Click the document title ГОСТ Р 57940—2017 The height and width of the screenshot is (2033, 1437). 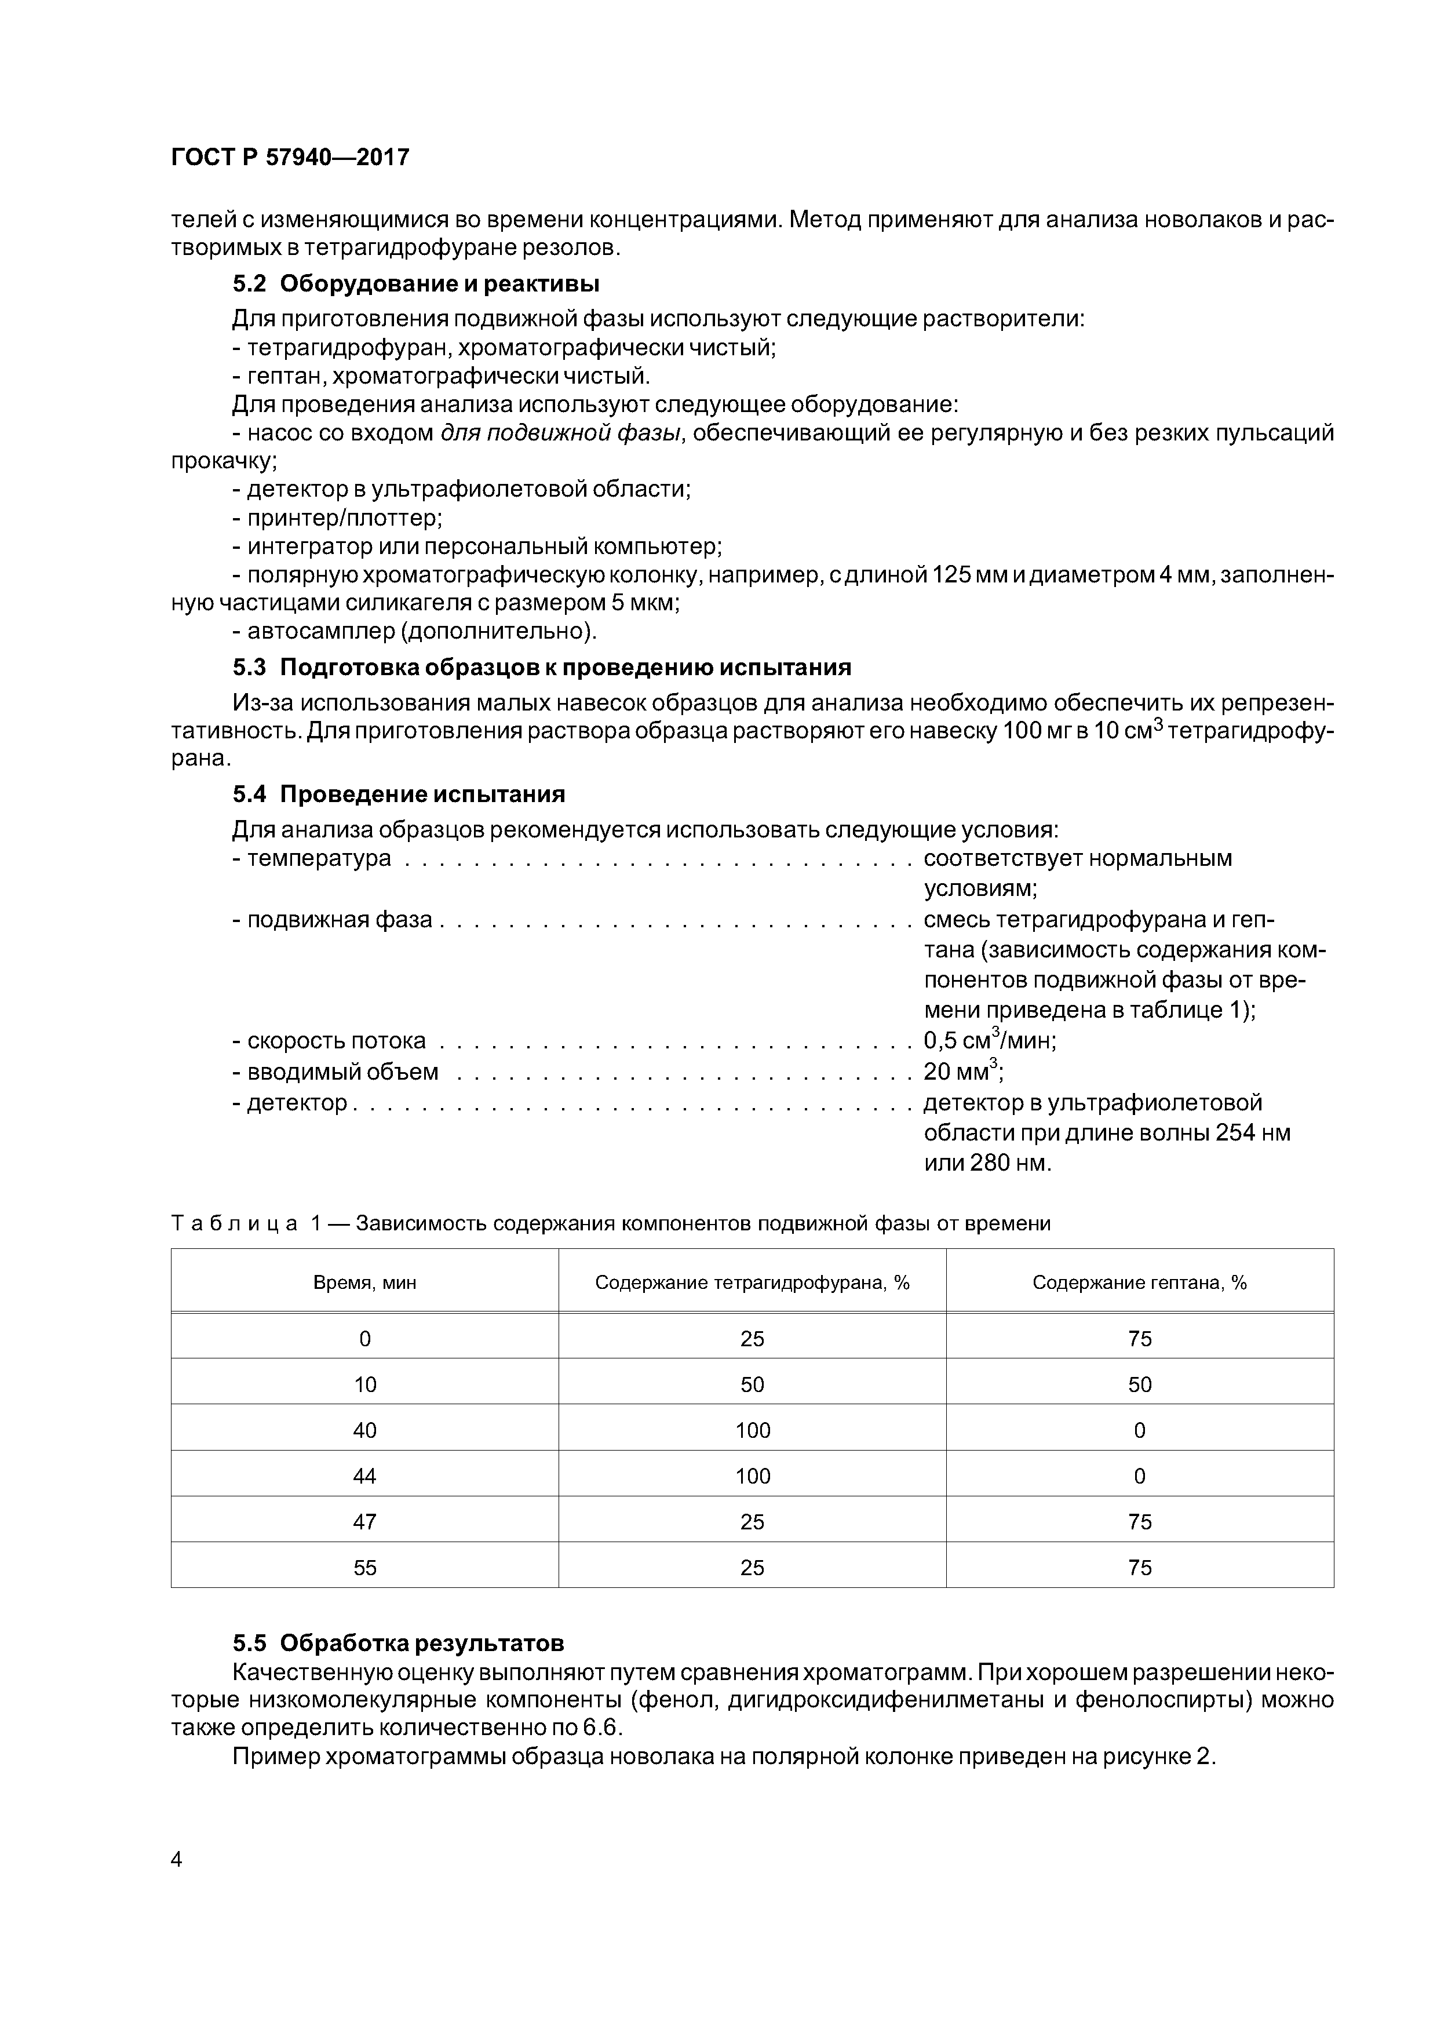(x=290, y=158)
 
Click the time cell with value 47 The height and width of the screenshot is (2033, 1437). (x=365, y=1522)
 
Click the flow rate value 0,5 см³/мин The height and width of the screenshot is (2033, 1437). (x=989, y=1040)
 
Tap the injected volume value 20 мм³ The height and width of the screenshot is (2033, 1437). (x=962, y=1072)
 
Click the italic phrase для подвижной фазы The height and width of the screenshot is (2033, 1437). (x=561, y=433)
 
